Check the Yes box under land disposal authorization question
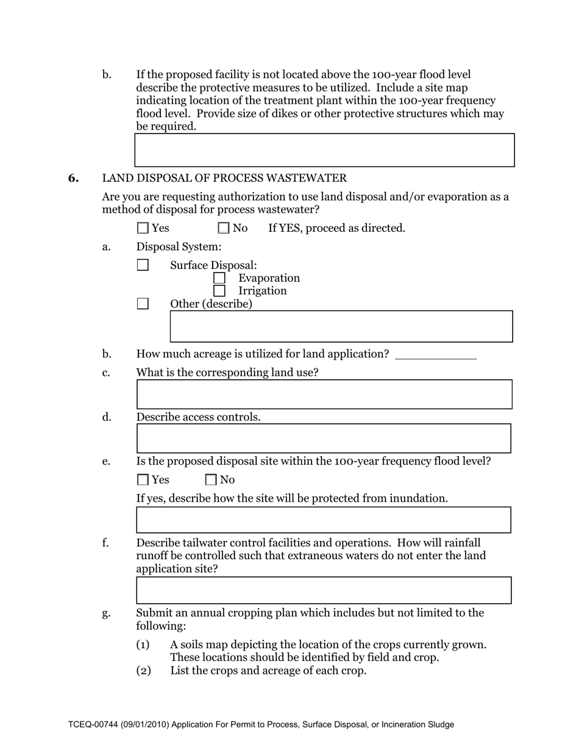143,228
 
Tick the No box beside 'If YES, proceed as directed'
224,228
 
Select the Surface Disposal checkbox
143,265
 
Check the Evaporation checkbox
219,278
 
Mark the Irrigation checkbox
219,291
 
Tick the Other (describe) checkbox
143,304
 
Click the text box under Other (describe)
341,326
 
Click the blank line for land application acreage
435,354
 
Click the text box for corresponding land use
324,394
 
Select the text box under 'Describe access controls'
324,438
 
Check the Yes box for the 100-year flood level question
143,480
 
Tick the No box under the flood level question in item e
211,480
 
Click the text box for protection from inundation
324,520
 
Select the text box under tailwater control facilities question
324,590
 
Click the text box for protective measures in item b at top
324,150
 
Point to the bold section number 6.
73,178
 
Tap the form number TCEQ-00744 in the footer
93,725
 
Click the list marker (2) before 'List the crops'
143,671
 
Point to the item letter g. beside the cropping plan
107,613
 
